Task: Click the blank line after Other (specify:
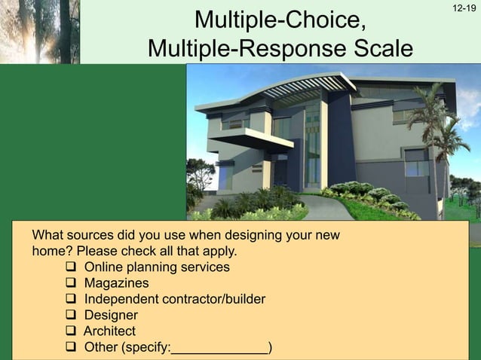[x=219, y=349]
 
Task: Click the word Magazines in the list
[x=116, y=283]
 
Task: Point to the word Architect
[x=109, y=331]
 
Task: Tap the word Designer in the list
[x=111, y=316]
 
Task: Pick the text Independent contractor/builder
[x=174, y=300]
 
